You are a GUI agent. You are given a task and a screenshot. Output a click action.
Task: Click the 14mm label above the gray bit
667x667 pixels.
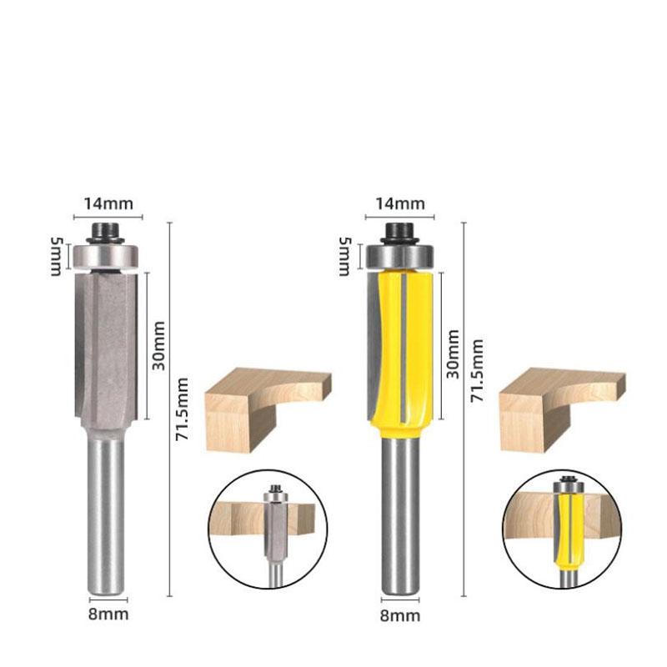point(108,203)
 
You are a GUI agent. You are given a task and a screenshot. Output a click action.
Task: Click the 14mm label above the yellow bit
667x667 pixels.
point(400,203)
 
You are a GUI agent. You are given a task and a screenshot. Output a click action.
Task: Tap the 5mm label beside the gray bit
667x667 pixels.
point(56,257)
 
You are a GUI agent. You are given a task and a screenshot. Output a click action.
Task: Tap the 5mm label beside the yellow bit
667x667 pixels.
point(344,257)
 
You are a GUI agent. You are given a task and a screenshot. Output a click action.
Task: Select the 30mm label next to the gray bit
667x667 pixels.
point(158,346)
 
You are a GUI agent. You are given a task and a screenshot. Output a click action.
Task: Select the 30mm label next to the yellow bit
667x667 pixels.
point(453,354)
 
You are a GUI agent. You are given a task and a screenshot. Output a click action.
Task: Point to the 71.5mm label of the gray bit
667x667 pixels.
point(182,409)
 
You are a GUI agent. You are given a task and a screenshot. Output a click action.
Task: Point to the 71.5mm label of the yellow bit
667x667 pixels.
point(476,370)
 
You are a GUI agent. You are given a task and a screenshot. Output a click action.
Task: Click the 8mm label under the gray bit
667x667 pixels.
point(108,614)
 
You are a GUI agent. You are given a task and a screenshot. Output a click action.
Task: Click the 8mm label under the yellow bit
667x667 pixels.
point(400,615)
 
